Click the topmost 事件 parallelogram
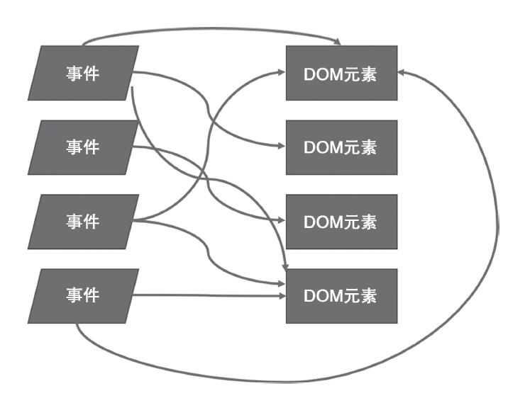(84, 73)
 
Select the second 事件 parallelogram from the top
(84, 147)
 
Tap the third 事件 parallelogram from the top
(84, 222)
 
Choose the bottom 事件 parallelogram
(84, 295)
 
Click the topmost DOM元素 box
(341, 73)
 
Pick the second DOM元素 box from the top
(341, 147)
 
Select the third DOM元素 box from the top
(341, 222)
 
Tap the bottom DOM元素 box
(341, 295)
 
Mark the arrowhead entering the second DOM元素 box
(281, 147)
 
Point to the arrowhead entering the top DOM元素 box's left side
(281, 72)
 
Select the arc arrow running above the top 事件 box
(213, 30)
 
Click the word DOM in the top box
(320, 73)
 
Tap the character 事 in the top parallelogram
(74, 73)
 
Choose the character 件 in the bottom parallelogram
(92, 295)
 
